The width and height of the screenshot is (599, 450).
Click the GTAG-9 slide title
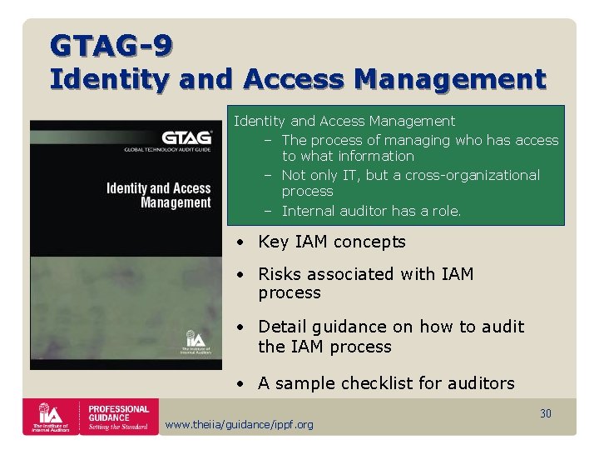tap(111, 44)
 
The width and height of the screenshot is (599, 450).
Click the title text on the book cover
tap(159, 195)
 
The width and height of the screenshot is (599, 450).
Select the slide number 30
tap(546, 413)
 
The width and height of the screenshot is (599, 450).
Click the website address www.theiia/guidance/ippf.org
tap(240, 425)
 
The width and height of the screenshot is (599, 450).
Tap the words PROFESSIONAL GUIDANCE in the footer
tap(119, 413)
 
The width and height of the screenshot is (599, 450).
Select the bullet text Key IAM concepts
tap(332, 242)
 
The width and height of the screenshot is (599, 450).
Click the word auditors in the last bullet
tap(481, 383)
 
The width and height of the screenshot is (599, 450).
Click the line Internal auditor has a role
tap(371, 211)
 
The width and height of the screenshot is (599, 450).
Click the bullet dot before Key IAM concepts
tap(239, 242)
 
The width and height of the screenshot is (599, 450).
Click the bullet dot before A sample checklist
tap(239, 383)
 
